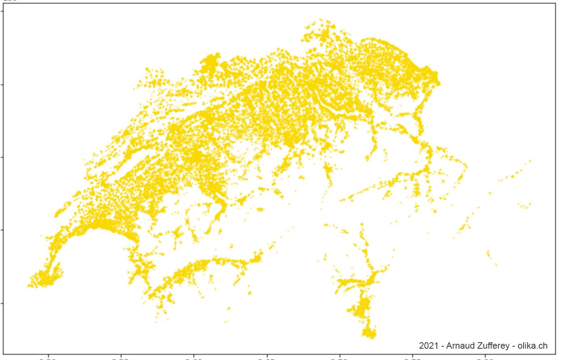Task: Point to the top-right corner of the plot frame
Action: coord(556,4)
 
